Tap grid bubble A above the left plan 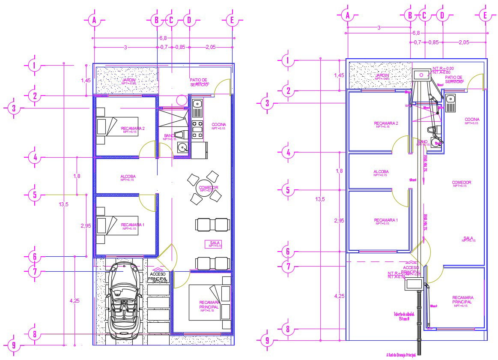[x=93, y=20]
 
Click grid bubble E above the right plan [x=485, y=15]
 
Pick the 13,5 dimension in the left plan [x=63, y=204]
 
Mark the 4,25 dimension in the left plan [x=75, y=300]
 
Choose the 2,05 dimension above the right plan [x=464, y=42]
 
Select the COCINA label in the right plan [x=472, y=120]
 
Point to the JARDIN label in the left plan [x=128, y=80]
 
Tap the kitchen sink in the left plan [x=197, y=103]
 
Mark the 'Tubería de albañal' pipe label [x=402, y=316]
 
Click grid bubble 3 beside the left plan [x=14, y=108]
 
